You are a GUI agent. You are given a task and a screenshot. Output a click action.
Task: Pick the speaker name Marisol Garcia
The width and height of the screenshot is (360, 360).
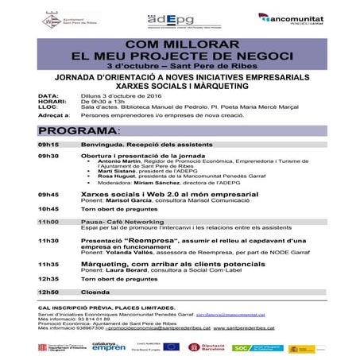125,201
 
